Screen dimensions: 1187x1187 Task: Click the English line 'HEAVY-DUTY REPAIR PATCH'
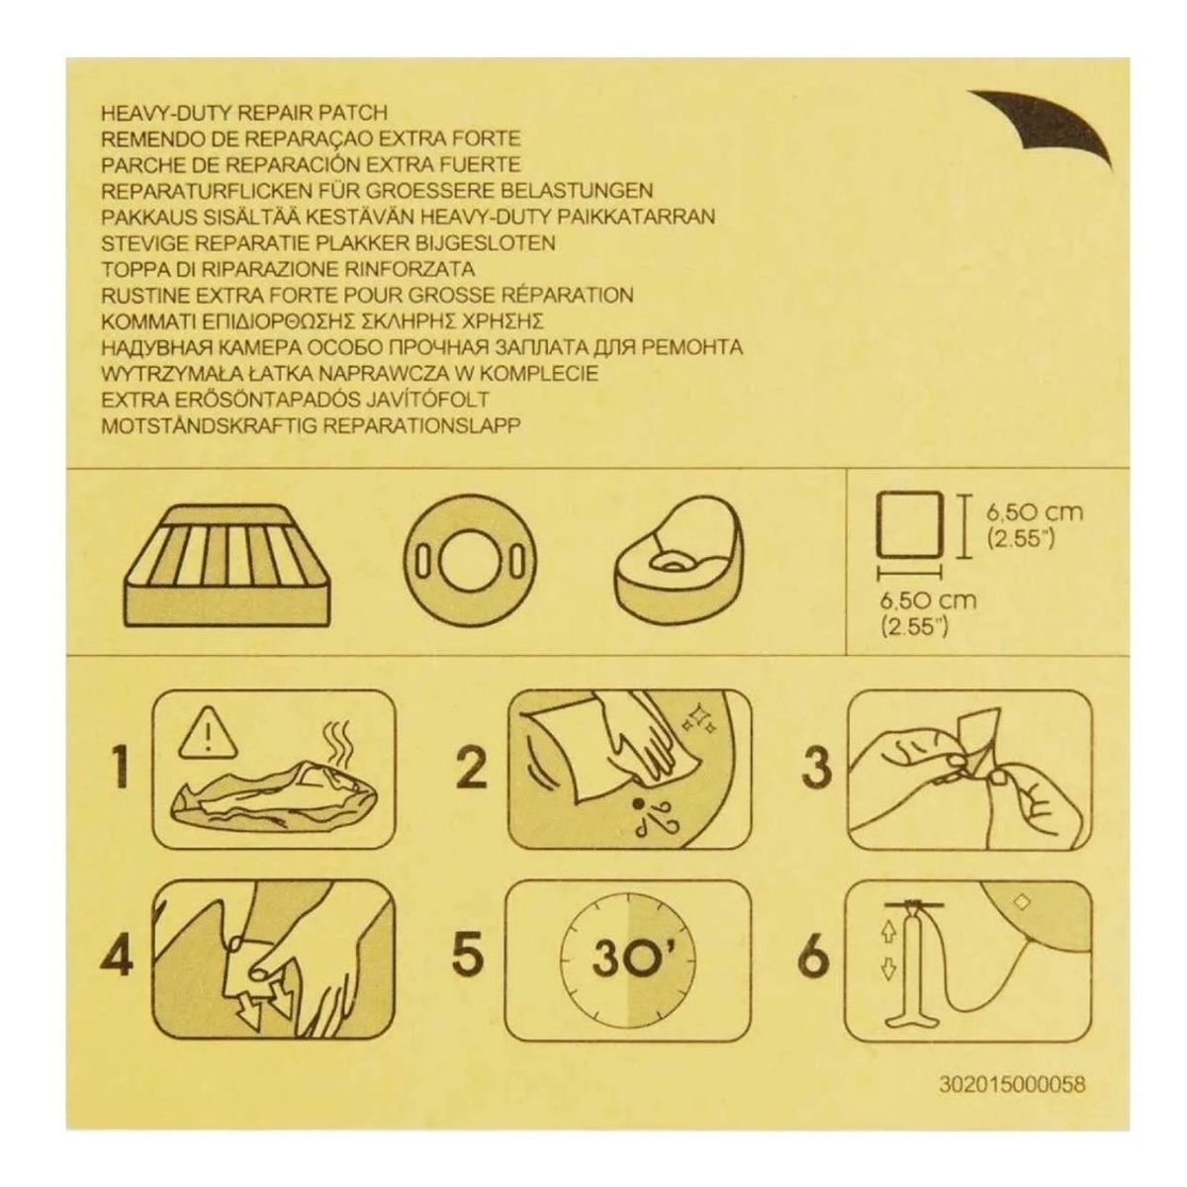click(x=244, y=113)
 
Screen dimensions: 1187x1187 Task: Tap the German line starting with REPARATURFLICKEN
click(x=377, y=190)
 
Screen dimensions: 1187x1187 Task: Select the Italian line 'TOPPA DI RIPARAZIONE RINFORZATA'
click(x=288, y=268)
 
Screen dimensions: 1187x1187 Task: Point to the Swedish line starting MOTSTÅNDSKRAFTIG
click(x=312, y=424)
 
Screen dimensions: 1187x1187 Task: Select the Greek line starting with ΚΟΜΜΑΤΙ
click(x=336, y=320)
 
